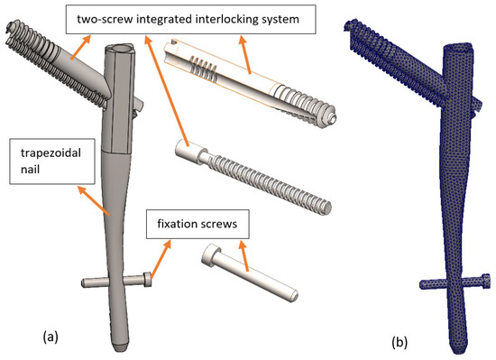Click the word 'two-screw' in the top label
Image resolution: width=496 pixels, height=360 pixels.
(x=104, y=19)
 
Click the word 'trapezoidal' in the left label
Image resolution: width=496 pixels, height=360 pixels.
(x=51, y=153)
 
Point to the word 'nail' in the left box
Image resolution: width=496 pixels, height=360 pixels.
(x=30, y=170)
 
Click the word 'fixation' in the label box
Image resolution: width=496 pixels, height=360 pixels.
(x=177, y=224)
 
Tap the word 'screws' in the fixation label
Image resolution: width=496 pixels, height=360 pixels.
(x=219, y=225)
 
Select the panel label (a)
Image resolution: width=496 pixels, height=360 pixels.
(x=51, y=337)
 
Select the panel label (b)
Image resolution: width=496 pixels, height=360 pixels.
(x=400, y=342)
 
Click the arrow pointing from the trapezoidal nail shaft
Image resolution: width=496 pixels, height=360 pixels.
(x=94, y=201)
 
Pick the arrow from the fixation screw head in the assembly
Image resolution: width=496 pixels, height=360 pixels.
(x=161, y=260)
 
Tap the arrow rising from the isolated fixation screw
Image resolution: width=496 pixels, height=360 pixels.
(x=243, y=256)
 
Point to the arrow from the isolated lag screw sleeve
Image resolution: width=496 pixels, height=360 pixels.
(x=245, y=55)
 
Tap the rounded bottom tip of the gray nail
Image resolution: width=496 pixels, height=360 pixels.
(x=120, y=346)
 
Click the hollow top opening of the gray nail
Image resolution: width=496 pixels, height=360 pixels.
(x=122, y=49)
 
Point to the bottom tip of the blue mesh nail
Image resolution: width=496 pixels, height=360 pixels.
(x=458, y=349)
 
